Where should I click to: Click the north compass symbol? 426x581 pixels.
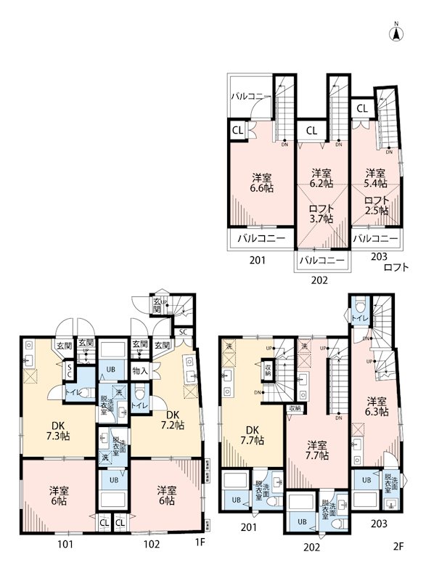click(397, 33)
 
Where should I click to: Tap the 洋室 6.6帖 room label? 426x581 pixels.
click(263, 182)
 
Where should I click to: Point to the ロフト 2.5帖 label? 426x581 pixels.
click(376, 206)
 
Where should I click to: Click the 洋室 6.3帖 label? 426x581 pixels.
click(376, 407)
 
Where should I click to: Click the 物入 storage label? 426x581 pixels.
click(140, 371)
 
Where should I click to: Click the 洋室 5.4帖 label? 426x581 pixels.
click(375, 179)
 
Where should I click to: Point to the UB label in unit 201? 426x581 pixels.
click(235, 500)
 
